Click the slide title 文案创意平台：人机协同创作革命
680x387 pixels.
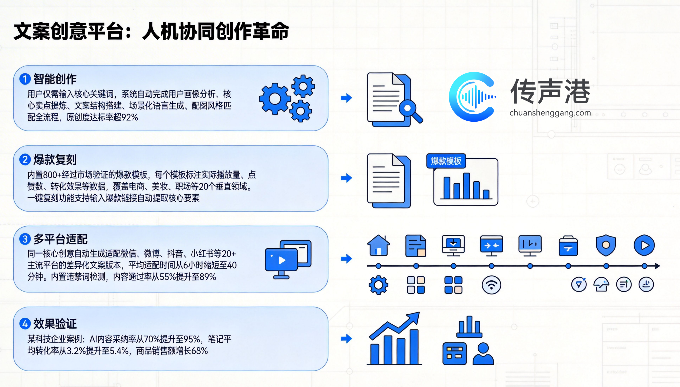151,31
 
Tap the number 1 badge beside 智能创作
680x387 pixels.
25,79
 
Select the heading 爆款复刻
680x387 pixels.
55,160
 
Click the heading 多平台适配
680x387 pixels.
60,239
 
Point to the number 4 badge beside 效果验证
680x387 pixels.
25,324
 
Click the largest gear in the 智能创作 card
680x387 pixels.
275,99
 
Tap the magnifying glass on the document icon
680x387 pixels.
410,111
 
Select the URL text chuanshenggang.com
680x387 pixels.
550,113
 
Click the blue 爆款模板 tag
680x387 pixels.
446,161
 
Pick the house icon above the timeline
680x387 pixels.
379,245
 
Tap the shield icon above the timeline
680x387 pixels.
606,245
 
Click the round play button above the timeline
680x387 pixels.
644,245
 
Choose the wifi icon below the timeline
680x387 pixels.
491,285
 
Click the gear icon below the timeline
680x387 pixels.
378,285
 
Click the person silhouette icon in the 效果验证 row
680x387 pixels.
483,354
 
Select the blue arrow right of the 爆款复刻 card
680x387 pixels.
346,178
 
